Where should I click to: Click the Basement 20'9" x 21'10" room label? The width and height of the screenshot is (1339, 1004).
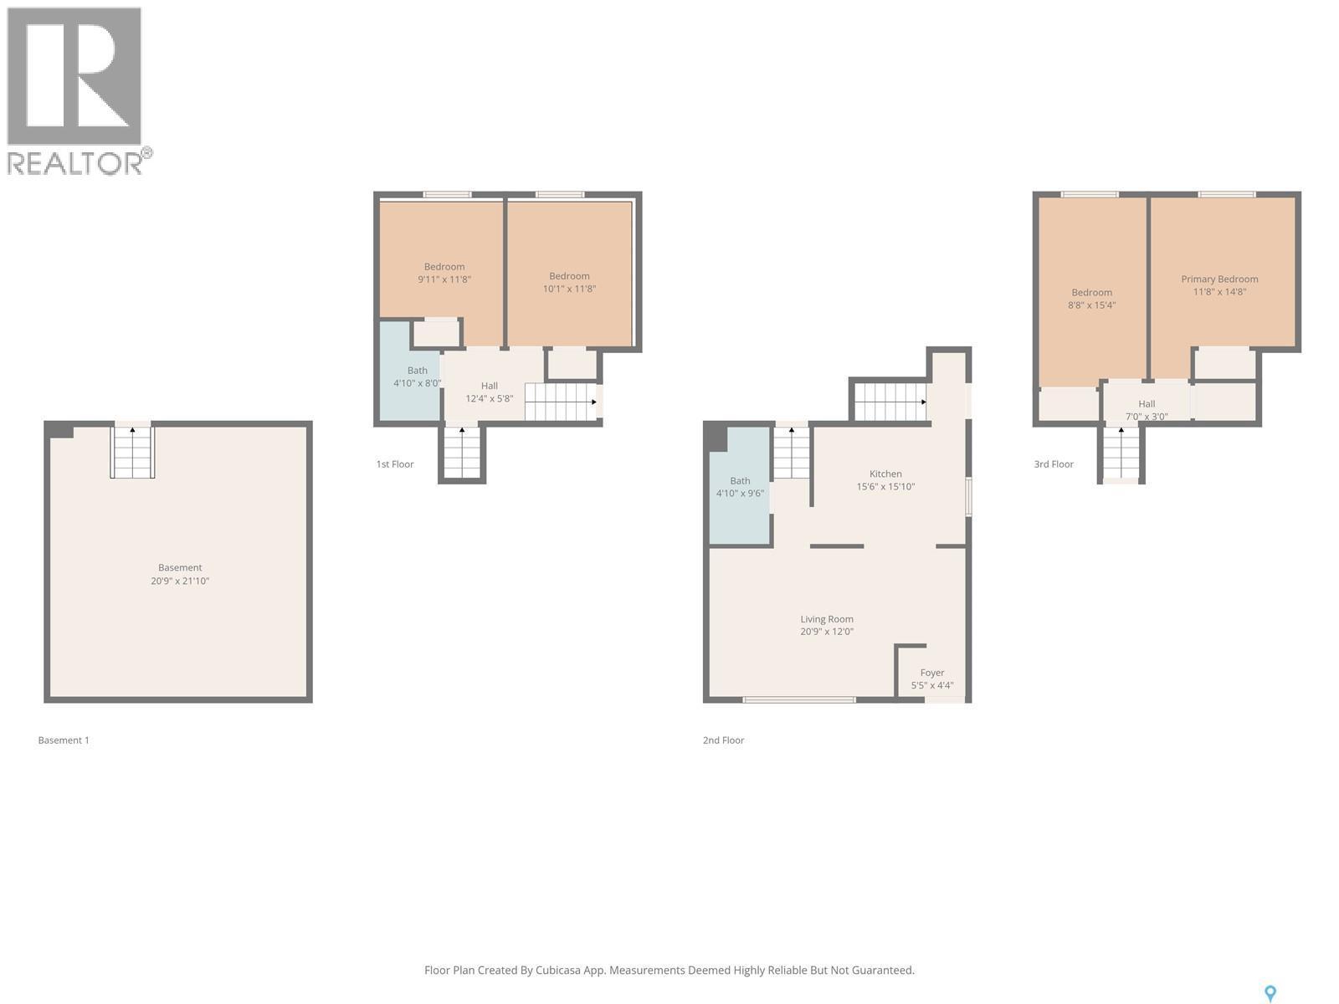pyautogui.click(x=180, y=574)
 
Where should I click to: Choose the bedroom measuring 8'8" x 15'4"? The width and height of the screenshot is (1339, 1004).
pyautogui.click(x=1091, y=299)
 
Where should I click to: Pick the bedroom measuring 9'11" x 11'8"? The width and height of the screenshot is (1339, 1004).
pyautogui.click(x=444, y=273)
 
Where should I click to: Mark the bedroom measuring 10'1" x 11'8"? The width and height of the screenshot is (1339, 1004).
pyautogui.click(x=569, y=282)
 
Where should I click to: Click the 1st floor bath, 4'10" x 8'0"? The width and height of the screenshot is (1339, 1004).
pyautogui.click(x=418, y=376)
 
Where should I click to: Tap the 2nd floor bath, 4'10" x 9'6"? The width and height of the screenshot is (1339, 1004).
pyautogui.click(x=740, y=486)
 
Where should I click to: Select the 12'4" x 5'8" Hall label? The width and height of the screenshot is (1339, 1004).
pyautogui.click(x=490, y=392)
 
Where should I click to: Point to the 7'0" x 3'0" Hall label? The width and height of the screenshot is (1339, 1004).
pyautogui.click(x=1147, y=410)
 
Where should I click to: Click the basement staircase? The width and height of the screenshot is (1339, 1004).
pyautogui.click(x=132, y=452)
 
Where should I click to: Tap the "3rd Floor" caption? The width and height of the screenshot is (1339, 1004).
pyautogui.click(x=1054, y=464)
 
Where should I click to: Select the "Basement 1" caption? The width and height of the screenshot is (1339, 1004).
pyautogui.click(x=64, y=740)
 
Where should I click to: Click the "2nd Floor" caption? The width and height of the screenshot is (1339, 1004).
pyautogui.click(x=724, y=740)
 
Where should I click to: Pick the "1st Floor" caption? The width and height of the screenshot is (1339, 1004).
pyautogui.click(x=395, y=464)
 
